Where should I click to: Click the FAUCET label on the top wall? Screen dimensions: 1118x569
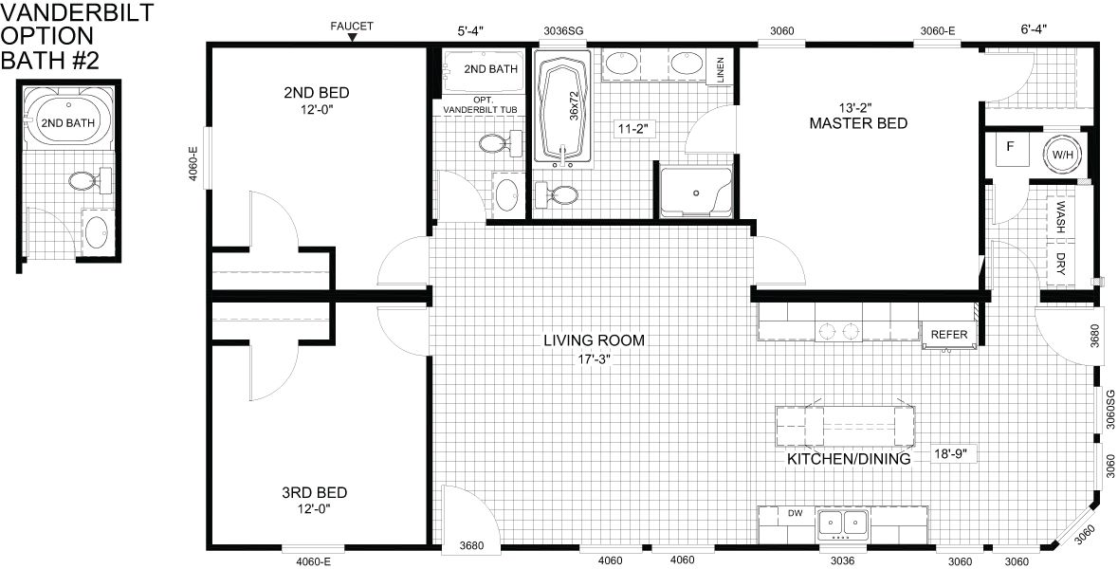(x=352, y=27)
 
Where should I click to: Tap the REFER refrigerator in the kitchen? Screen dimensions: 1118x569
(x=950, y=335)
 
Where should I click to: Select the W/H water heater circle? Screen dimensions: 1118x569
(x=1062, y=154)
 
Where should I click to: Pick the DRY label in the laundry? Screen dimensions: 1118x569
(x=1060, y=263)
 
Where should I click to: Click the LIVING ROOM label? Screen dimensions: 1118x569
(x=594, y=340)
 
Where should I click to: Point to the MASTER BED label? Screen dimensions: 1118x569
(x=858, y=123)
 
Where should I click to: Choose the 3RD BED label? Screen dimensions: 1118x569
(x=315, y=493)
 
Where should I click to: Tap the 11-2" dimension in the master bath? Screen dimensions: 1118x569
(x=634, y=128)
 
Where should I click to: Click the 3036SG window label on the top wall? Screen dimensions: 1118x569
(x=563, y=30)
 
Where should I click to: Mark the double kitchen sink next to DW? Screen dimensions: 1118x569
(x=843, y=524)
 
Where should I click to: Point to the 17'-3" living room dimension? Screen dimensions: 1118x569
(x=594, y=358)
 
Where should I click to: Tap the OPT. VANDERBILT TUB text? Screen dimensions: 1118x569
(x=479, y=104)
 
